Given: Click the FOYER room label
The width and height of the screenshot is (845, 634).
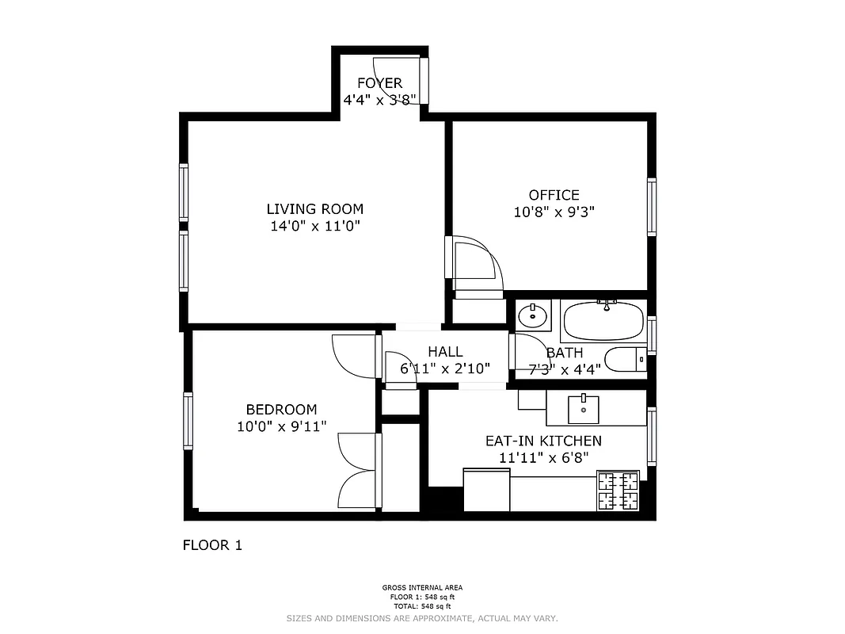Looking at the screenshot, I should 379,83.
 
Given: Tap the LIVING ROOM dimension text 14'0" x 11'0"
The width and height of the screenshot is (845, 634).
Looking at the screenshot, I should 314,226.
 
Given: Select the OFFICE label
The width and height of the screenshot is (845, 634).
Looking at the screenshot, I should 554,195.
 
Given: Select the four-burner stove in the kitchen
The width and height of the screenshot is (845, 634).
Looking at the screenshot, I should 618,491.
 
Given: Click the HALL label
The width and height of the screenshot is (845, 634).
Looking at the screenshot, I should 445,352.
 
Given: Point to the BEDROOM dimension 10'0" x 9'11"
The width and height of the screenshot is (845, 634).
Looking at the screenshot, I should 281,427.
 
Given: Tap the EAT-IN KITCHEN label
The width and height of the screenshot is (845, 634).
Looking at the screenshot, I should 543,441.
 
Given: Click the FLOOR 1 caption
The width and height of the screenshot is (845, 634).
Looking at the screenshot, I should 212,545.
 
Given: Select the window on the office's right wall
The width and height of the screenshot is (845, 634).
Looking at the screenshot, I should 652,207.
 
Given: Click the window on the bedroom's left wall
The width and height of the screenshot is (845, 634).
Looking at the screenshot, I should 188,421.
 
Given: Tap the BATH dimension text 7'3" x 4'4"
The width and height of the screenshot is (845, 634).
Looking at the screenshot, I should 565,369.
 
